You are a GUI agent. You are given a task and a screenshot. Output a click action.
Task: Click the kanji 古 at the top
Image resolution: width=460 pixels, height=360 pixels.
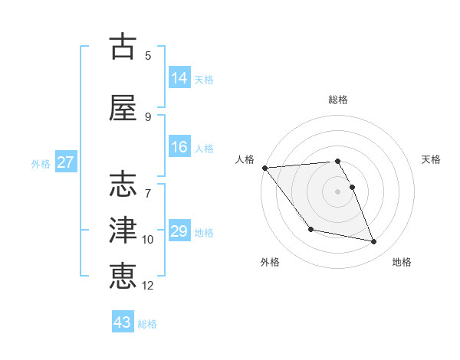tap(123, 47)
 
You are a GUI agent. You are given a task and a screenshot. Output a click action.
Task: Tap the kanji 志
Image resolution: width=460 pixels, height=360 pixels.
tap(123, 185)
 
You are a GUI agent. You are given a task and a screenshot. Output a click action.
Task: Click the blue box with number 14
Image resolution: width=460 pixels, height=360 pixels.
tap(179, 77)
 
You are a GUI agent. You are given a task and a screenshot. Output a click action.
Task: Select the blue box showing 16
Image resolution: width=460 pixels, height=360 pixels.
tap(179, 147)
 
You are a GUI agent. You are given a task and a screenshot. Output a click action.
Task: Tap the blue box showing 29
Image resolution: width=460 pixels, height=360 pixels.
tap(179, 231)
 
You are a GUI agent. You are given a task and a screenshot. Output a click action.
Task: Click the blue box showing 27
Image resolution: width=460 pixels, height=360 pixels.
tap(65, 162)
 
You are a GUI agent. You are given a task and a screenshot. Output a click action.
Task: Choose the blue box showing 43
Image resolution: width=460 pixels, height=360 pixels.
tap(122, 322)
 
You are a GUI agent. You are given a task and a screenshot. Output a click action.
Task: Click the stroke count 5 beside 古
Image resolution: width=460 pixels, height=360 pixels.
tap(148, 55)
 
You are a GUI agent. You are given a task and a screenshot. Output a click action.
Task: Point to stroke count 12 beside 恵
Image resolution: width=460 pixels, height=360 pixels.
tap(148, 286)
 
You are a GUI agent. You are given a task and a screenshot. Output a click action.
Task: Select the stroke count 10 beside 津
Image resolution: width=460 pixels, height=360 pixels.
tap(148, 240)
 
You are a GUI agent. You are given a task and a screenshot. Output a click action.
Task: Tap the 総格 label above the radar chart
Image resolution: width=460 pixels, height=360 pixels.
tap(338, 100)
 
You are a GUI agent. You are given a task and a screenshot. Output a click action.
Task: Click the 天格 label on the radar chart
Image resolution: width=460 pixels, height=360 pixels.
tap(431, 159)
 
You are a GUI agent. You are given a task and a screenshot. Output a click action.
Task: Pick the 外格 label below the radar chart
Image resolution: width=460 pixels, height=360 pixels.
tap(270, 262)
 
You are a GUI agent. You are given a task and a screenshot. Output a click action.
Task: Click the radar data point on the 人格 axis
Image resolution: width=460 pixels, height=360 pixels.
tap(264, 168)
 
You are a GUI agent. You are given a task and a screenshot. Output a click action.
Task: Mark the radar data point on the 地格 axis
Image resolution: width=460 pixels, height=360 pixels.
tap(374, 242)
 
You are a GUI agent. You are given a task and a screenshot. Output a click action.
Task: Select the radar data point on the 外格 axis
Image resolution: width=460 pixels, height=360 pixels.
tap(310, 229)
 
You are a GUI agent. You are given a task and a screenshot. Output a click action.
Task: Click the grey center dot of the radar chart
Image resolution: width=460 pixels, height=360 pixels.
tap(338, 191)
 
